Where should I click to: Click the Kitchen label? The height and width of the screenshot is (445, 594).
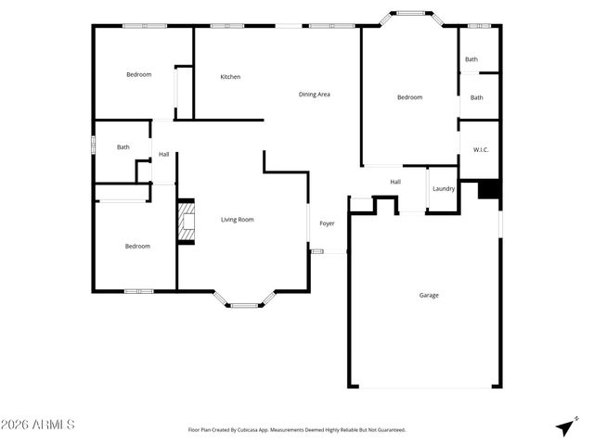point(230,77)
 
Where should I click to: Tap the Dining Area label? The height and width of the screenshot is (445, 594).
point(315,94)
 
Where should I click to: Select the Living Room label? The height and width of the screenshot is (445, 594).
point(237,220)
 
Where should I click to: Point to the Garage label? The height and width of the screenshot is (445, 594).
point(429,295)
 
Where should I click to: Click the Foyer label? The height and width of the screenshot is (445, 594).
point(328,223)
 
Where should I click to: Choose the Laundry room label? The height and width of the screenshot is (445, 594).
point(444,189)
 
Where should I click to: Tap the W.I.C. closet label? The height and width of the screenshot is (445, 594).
point(481,149)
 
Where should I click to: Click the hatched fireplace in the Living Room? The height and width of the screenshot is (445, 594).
point(187,222)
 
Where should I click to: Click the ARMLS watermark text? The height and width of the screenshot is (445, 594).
point(39,425)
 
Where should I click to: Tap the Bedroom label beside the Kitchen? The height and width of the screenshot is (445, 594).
point(138,74)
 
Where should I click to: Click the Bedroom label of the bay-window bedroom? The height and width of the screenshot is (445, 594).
point(409,97)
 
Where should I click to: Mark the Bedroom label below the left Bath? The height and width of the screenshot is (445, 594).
point(137,246)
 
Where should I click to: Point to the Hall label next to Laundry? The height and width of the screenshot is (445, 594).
point(395,182)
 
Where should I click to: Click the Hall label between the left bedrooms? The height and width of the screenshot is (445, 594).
point(163,154)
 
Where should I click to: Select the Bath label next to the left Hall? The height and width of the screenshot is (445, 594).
point(123,146)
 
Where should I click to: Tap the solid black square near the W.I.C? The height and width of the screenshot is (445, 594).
point(489,189)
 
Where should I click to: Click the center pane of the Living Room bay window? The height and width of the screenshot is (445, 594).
point(245,305)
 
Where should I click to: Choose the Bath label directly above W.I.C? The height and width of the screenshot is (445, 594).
point(476,97)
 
